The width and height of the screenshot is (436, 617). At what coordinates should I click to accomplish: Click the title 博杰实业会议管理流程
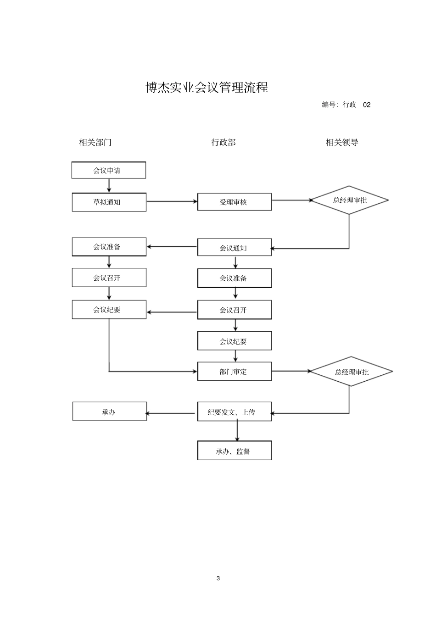(x=207, y=87)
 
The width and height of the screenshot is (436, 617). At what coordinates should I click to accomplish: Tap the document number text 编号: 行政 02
(x=346, y=105)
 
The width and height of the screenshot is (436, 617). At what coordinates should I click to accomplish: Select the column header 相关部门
(x=95, y=142)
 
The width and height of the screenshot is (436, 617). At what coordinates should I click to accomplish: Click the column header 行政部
(x=224, y=142)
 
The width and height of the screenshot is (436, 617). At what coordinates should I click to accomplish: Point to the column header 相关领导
(x=342, y=142)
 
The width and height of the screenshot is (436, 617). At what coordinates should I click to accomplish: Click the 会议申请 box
(x=109, y=170)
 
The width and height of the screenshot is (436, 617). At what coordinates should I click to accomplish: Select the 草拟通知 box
(x=109, y=202)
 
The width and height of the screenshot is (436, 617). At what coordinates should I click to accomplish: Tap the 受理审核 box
(x=234, y=202)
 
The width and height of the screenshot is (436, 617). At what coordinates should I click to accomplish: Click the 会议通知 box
(x=234, y=248)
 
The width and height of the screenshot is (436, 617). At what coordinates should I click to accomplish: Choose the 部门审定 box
(x=234, y=372)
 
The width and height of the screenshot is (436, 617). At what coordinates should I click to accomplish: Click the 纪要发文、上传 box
(x=234, y=412)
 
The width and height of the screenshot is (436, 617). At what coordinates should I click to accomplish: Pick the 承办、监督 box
(x=234, y=451)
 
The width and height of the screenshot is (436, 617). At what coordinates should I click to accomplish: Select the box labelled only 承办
(x=109, y=412)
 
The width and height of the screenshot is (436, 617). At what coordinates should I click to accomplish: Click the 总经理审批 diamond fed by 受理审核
(x=350, y=200)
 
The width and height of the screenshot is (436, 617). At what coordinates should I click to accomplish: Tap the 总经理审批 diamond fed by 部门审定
(x=351, y=372)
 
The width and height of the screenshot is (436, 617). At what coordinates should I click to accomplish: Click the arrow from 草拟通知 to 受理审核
(x=172, y=201)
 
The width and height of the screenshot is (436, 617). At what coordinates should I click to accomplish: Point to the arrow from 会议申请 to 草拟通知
(x=109, y=185)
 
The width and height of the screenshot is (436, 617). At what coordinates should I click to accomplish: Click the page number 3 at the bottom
(x=218, y=578)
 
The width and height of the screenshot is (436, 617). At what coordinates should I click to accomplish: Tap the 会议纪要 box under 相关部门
(x=109, y=310)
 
